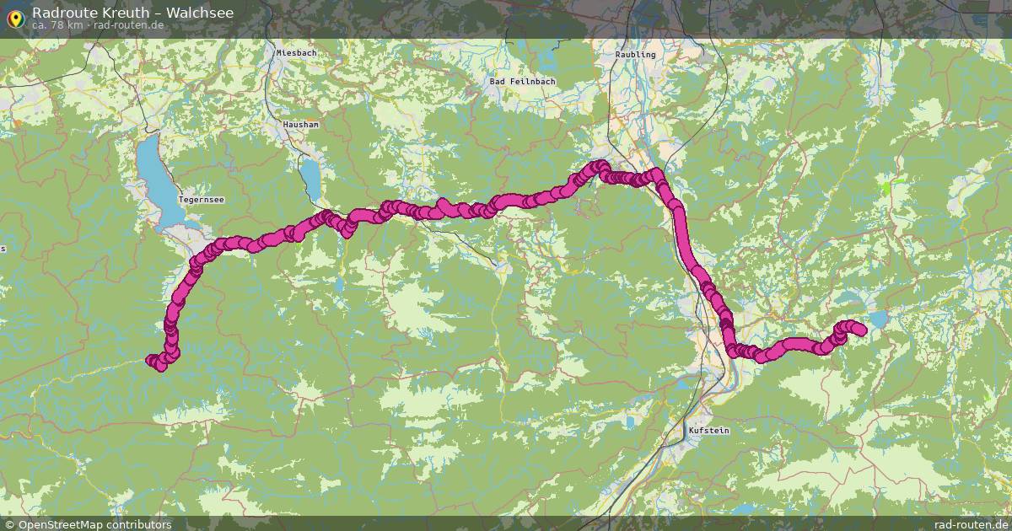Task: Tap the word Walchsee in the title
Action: (200, 13)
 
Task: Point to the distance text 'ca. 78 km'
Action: (57, 25)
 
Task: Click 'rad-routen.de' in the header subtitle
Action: (128, 25)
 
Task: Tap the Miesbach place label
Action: (296, 53)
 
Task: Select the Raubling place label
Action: (635, 54)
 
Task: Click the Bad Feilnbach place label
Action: (523, 82)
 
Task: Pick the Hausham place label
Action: (301, 124)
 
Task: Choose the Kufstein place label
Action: (708, 431)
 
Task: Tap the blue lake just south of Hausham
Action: (310, 175)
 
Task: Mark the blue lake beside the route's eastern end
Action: (879, 319)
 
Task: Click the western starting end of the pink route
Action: (153, 362)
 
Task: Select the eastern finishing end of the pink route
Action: (861, 330)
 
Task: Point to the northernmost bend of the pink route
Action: (600, 165)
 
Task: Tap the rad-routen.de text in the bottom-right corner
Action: (971, 524)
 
